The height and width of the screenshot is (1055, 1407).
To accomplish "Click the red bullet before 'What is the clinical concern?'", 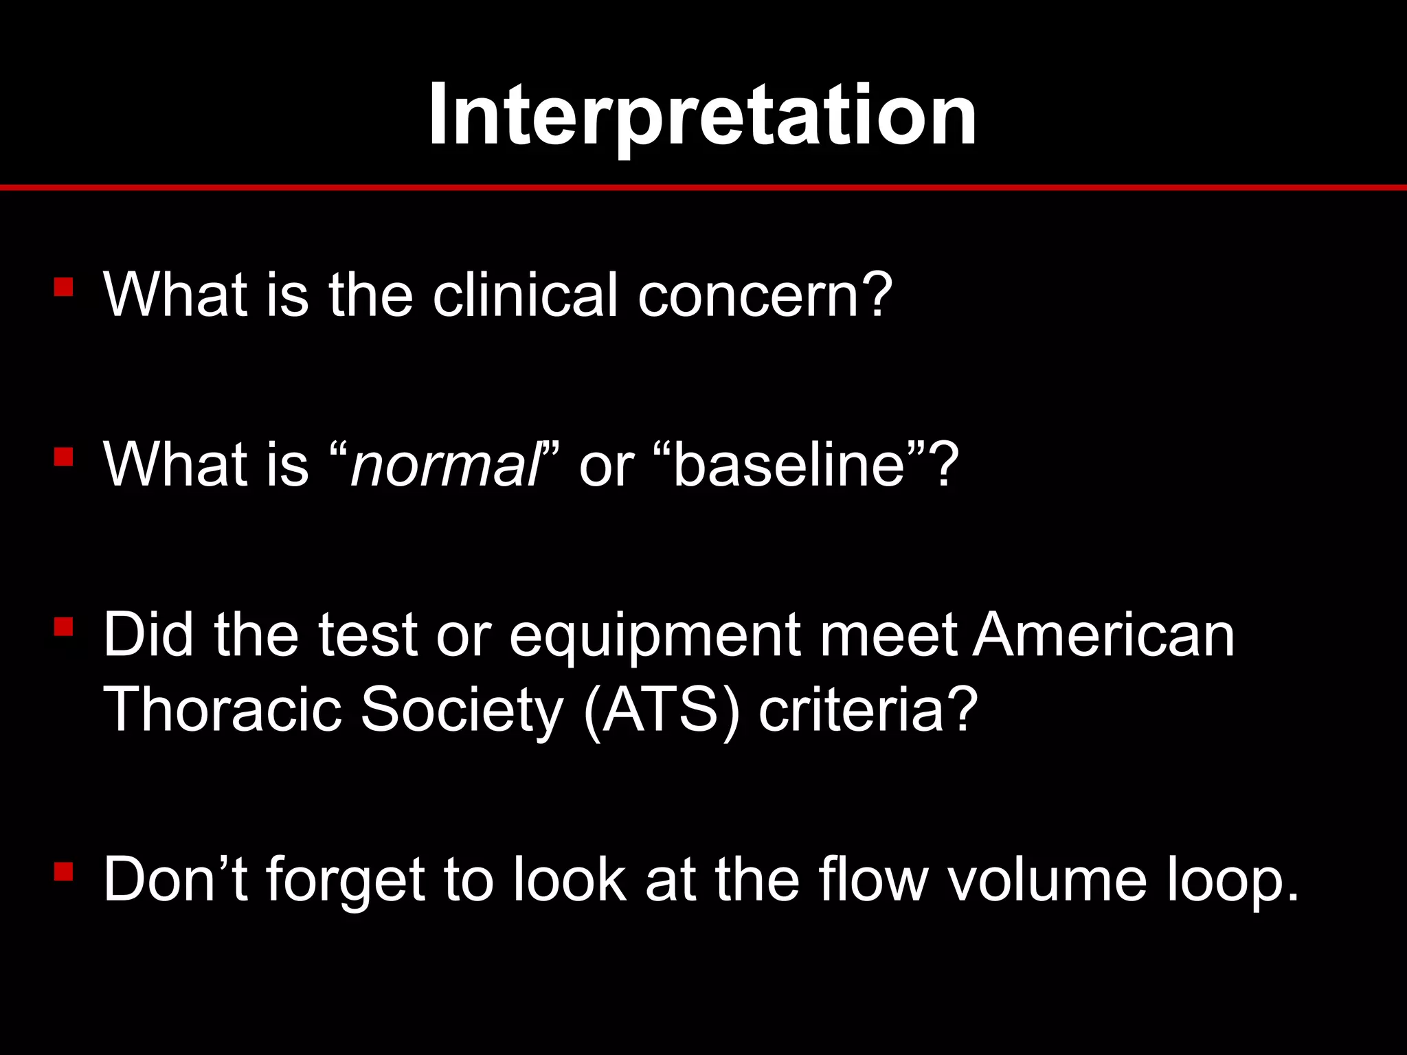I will pyautogui.click(x=63, y=286).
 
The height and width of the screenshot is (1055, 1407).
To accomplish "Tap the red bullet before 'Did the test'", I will pyautogui.click(x=63, y=626).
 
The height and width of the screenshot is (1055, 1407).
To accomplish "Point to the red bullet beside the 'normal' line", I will pyautogui.click(x=63, y=457).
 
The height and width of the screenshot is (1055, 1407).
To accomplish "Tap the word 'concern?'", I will pyautogui.click(x=765, y=295).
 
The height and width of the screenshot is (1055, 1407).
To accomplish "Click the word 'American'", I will pyautogui.click(x=1103, y=635).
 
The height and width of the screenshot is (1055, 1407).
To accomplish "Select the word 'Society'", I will pyautogui.click(x=462, y=712).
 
